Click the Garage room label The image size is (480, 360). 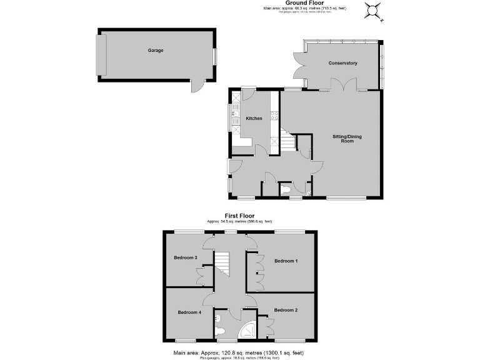click(156, 50)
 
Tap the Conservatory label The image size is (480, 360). click(343, 63)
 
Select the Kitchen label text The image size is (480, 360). click(254, 119)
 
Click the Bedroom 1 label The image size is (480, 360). click(286, 261)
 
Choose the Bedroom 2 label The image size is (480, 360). click(285, 309)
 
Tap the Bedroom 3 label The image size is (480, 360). click(186, 257)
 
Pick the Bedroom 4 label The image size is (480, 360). click(189, 312)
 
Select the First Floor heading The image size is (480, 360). click(240, 216)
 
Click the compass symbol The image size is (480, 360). click(373, 11)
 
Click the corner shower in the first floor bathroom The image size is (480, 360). click(248, 329)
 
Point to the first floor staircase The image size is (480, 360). click(222, 263)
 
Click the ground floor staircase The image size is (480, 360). click(286, 142)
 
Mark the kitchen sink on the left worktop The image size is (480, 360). click(234, 113)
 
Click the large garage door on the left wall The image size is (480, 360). click(100, 53)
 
